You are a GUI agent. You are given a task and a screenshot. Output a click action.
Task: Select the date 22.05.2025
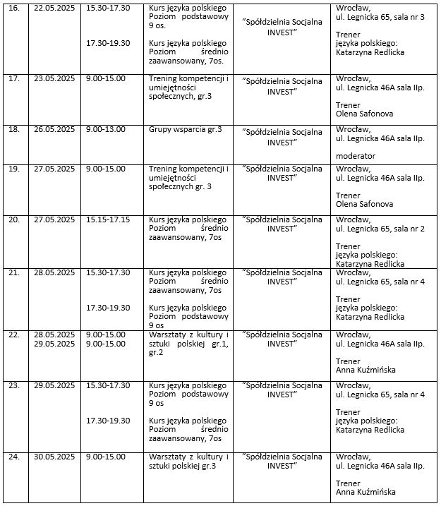click(54, 10)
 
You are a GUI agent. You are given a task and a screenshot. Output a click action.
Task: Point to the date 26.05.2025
click(54, 129)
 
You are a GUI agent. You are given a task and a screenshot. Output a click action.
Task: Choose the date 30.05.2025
click(54, 457)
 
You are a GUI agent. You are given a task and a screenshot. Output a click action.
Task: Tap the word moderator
click(356, 156)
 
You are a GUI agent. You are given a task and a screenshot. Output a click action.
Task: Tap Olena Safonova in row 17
click(365, 113)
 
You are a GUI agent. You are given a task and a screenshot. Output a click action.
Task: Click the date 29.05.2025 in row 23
click(54, 385)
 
